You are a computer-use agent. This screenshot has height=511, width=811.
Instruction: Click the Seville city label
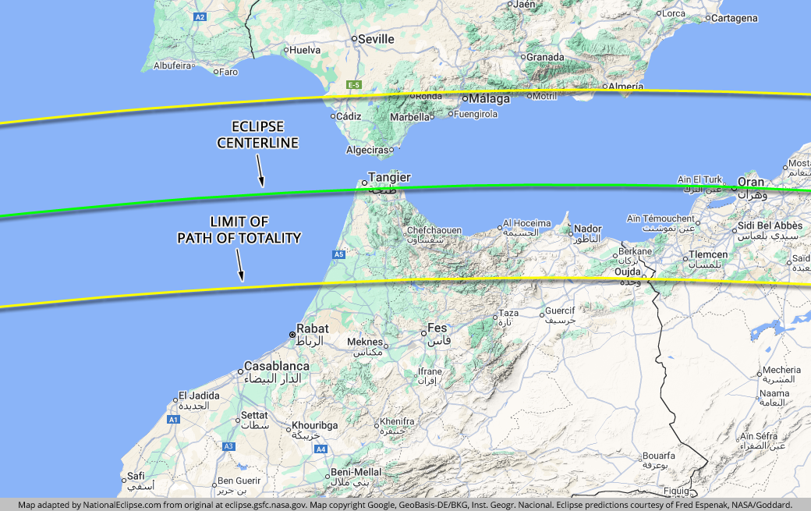click(377, 39)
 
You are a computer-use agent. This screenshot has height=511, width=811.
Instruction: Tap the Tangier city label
click(389, 178)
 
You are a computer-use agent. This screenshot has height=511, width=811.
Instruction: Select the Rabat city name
click(313, 329)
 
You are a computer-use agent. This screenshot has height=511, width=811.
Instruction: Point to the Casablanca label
click(277, 366)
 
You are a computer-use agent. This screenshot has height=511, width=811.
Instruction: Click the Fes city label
click(437, 328)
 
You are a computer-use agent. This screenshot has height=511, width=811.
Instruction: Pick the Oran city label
click(751, 183)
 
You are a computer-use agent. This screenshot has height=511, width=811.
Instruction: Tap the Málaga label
click(489, 99)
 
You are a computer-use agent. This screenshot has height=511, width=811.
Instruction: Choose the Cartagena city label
click(733, 18)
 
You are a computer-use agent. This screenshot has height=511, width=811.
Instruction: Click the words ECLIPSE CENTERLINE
click(258, 135)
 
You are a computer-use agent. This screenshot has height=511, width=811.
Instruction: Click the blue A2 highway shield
click(200, 16)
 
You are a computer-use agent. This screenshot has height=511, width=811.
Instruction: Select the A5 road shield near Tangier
click(338, 254)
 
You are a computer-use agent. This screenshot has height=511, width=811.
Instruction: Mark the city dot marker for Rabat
click(292, 335)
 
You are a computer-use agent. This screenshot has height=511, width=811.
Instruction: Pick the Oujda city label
click(628, 271)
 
